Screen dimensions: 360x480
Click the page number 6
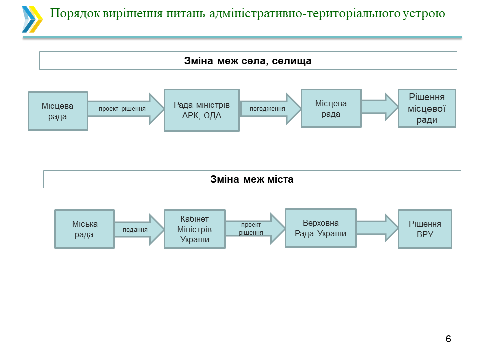click(x=448, y=339)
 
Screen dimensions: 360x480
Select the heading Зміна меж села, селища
click(x=248, y=61)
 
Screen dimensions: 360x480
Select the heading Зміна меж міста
click(x=252, y=179)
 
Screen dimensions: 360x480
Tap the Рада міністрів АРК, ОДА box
click(x=202, y=110)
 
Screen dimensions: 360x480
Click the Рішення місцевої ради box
click(x=427, y=108)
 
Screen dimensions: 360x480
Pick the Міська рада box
click(x=84, y=229)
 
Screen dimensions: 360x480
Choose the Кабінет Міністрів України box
click(x=194, y=229)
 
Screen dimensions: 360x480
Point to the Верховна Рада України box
click(x=320, y=228)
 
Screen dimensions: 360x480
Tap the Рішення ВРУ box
click(x=425, y=229)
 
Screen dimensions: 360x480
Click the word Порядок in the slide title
click(x=73, y=13)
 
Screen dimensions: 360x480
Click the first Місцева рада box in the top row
click(x=58, y=111)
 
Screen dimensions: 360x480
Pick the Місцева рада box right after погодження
click(x=331, y=108)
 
